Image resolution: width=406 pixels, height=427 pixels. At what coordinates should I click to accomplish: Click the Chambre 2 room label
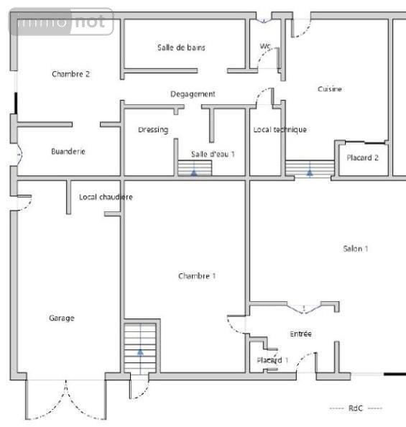[70, 74]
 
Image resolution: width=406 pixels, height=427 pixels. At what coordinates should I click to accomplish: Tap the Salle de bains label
[181, 47]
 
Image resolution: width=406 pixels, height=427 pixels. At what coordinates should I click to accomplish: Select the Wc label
[265, 47]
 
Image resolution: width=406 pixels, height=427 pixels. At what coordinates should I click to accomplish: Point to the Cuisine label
[330, 89]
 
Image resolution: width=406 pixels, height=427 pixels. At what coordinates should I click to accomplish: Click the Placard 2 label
[362, 157]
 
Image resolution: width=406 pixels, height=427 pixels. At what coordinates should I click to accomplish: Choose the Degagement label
[193, 94]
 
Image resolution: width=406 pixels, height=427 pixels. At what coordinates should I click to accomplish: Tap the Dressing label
[152, 130]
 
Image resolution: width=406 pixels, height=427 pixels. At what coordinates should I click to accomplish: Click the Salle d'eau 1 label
[213, 154]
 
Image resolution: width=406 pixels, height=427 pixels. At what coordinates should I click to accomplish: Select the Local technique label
[280, 130]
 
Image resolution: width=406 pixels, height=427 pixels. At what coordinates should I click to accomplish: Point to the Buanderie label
[68, 152]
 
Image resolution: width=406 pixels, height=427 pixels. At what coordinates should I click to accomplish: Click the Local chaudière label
[106, 197]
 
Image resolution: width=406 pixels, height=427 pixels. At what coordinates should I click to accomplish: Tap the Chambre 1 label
[196, 276]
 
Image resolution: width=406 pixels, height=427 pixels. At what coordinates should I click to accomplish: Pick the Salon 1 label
[356, 249]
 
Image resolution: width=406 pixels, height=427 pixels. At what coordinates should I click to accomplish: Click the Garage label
[62, 318]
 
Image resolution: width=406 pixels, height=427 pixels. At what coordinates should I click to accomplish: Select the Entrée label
[300, 334]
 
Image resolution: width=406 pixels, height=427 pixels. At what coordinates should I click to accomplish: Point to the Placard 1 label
[272, 360]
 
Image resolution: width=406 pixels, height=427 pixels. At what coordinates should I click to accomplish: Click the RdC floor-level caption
[356, 408]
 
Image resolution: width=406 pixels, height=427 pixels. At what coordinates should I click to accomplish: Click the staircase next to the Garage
[139, 348]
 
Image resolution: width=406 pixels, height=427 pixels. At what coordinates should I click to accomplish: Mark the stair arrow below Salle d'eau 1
[194, 172]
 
